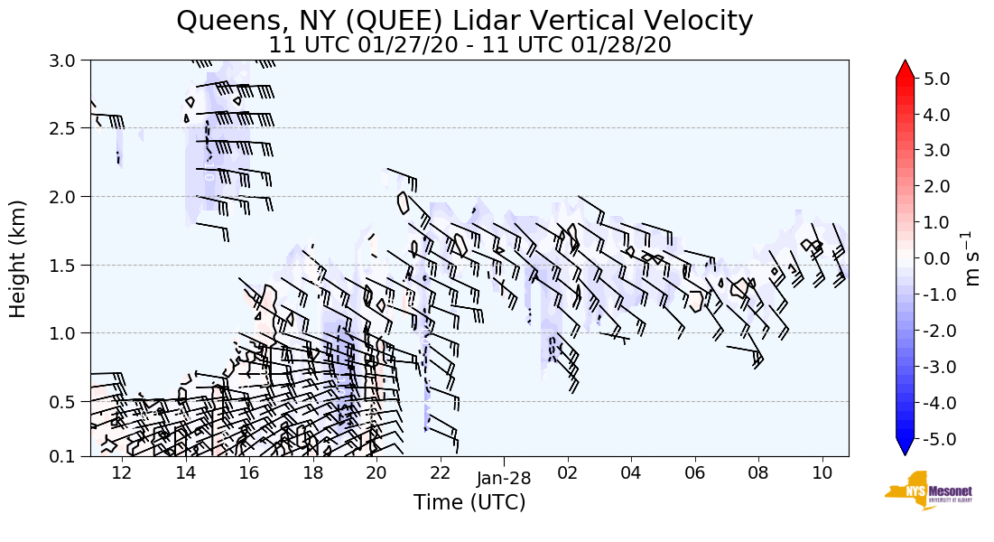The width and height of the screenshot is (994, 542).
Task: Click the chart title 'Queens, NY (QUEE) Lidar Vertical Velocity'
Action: [x=464, y=20]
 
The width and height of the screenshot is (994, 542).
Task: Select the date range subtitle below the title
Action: [x=469, y=44]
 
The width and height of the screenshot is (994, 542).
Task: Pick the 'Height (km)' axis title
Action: [x=19, y=258]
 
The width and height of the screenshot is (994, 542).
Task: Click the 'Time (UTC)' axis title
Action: [x=469, y=502]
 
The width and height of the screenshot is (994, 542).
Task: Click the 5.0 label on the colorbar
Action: [x=937, y=79]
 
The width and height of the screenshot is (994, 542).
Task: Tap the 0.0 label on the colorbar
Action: [x=937, y=258]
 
